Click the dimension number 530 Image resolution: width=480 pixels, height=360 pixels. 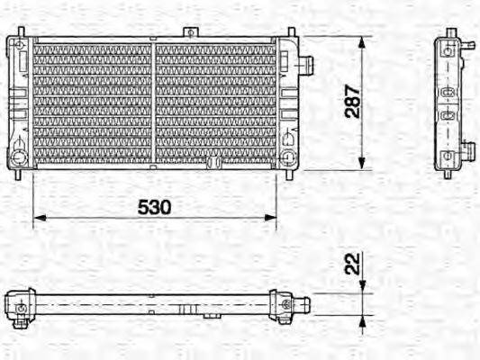pyautogui.click(x=154, y=206)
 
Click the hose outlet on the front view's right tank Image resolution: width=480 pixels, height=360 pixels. pyautogui.click(x=307, y=66)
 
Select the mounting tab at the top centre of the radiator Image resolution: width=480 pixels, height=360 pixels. pyautogui.click(x=189, y=33)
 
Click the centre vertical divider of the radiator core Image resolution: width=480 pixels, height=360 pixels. pyautogui.click(x=153, y=103)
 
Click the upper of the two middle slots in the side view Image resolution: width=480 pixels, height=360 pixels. pyautogui.click(x=448, y=94)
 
